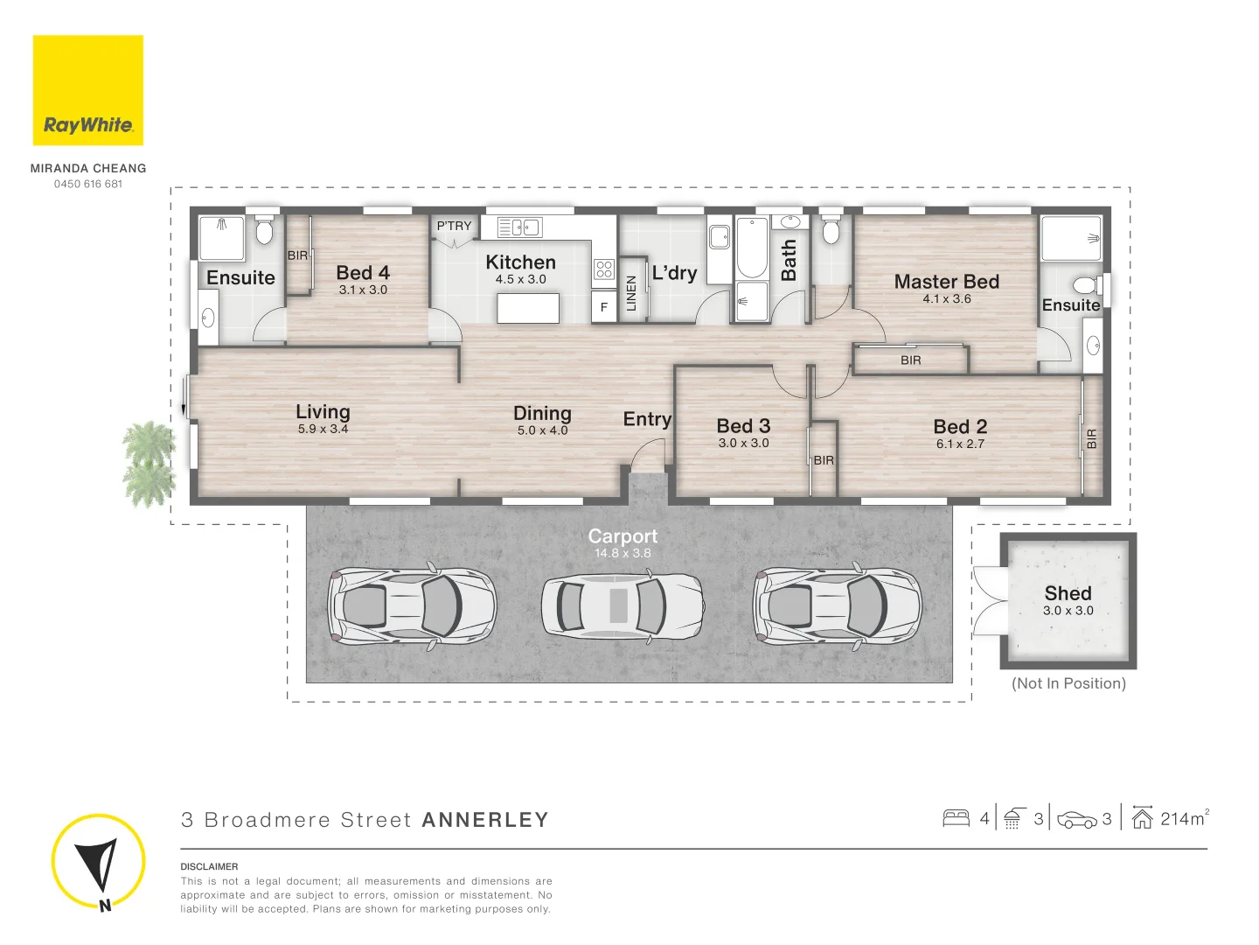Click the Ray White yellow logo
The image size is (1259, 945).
click(x=88, y=90)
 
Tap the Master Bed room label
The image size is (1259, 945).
click(x=946, y=282)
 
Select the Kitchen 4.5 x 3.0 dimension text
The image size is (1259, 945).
click(x=520, y=279)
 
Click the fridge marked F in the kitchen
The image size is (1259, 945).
click(x=603, y=307)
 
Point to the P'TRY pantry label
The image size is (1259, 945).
click(x=454, y=226)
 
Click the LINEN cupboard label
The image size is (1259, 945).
click(x=631, y=293)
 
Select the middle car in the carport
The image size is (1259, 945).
click(x=622, y=605)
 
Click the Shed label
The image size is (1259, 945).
click(x=1068, y=593)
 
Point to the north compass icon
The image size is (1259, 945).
click(x=97, y=862)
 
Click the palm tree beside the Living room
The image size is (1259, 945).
click(x=149, y=464)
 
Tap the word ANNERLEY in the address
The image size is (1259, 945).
click(x=485, y=820)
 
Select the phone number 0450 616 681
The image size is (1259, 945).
click(x=88, y=184)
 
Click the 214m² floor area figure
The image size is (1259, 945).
click(x=1184, y=819)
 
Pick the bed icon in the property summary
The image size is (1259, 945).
click(x=956, y=819)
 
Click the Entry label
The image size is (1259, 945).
click(x=647, y=419)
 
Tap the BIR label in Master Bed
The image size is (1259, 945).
click(x=910, y=360)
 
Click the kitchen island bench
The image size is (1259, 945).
click(x=528, y=308)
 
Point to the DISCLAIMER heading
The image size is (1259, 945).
click(x=209, y=866)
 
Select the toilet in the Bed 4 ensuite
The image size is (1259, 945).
click(x=264, y=232)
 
